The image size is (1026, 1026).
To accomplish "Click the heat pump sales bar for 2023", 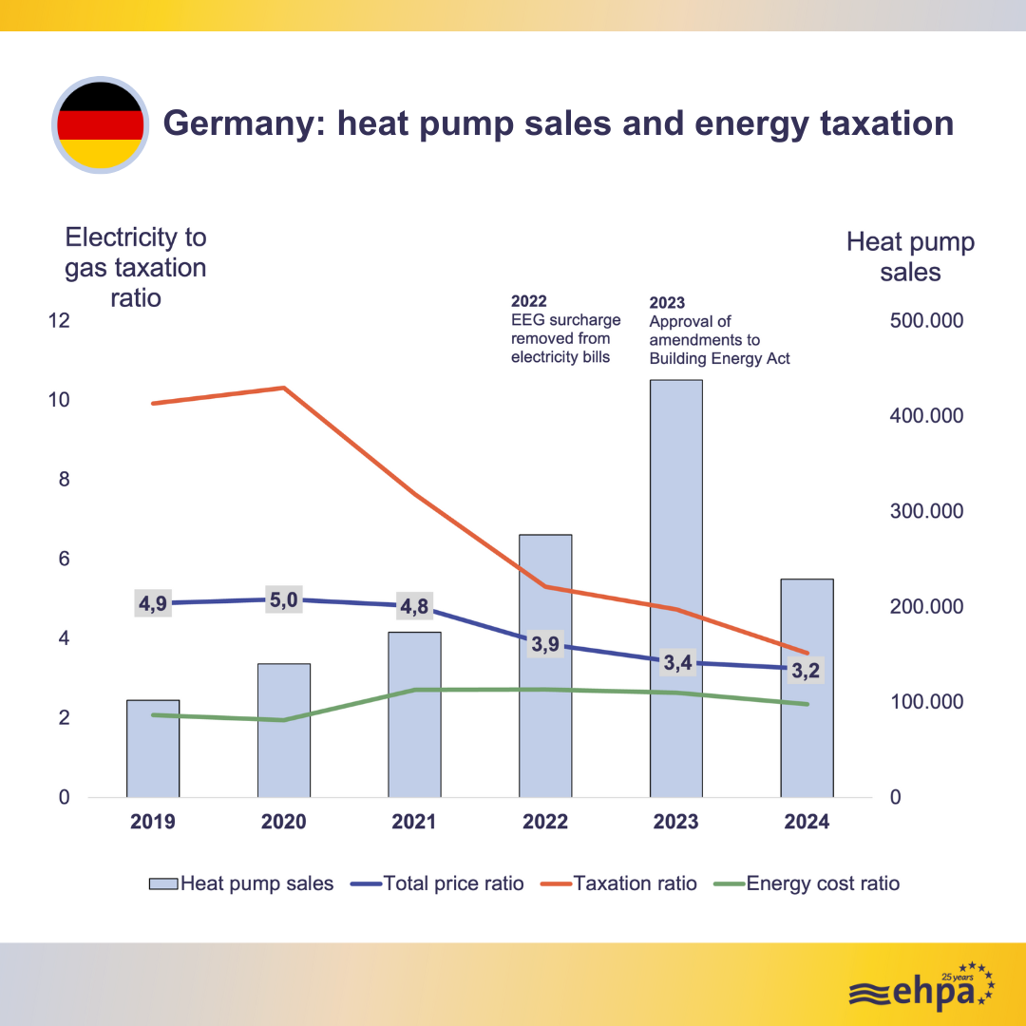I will coord(675,532).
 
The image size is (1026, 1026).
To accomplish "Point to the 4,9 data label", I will coord(153,603).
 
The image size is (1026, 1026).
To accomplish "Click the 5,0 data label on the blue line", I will coord(284,599).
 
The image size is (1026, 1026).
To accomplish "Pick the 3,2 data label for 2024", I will coord(806,671).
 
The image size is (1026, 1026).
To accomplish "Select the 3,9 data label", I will coord(545,644).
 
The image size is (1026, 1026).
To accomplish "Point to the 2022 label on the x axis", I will coord(545,822).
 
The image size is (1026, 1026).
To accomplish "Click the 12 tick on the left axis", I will coord(60,320).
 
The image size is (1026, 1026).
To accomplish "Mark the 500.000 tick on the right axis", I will coord(926,320).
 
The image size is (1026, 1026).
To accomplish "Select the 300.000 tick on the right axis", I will coord(926,511).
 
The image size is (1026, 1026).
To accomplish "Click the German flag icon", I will coord(101,124).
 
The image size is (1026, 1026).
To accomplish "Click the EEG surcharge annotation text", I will coord(565,330).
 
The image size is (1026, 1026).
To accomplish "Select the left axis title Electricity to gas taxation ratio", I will coord(135,267).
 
